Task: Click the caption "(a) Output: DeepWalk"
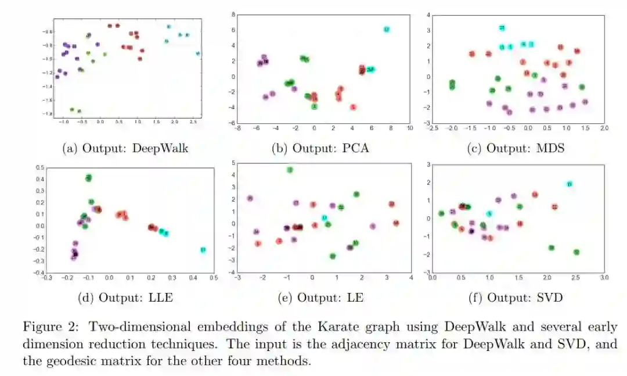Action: point(125,148)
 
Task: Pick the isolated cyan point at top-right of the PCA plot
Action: point(387,29)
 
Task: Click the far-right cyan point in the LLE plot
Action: point(203,249)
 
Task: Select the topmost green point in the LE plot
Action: point(290,170)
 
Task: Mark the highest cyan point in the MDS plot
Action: point(502,27)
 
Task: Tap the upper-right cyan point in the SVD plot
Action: point(569,184)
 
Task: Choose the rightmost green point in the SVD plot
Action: point(576,252)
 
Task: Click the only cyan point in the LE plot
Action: point(325,217)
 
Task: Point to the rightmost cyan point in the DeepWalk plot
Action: point(198,53)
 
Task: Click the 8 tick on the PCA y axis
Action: point(232,14)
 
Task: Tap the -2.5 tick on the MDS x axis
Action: point(433,128)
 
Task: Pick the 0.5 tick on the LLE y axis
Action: point(39,167)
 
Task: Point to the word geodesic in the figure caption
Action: point(77,361)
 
